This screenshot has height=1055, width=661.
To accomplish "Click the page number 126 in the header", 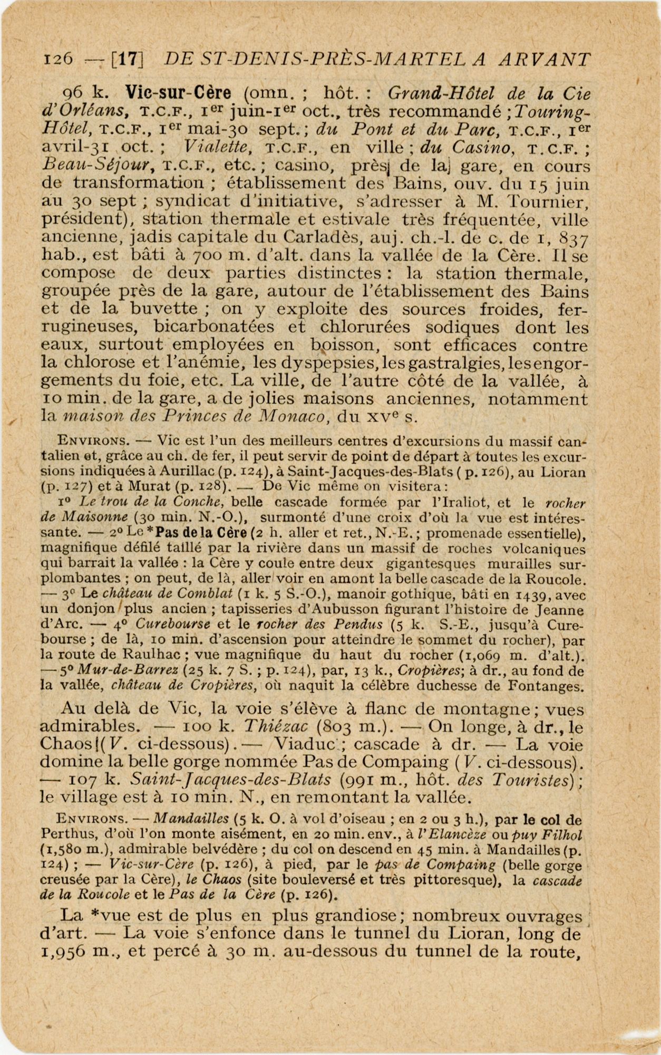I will pos(57,59).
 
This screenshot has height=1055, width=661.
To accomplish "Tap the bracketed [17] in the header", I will pos(127,59).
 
